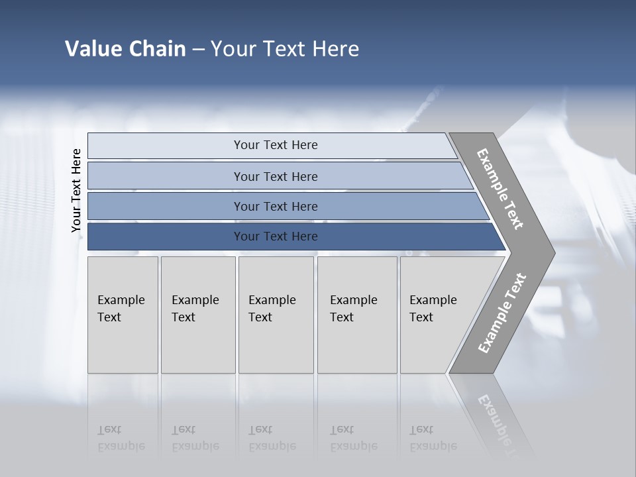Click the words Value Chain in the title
tap(125, 49)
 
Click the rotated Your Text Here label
tap(76, 190)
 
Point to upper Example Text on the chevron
tap(500, 189)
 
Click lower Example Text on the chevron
tap(502, 313)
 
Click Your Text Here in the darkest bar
tap(276, 237)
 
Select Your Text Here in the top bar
tap(276, 145)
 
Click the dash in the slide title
tap(198, 50)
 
